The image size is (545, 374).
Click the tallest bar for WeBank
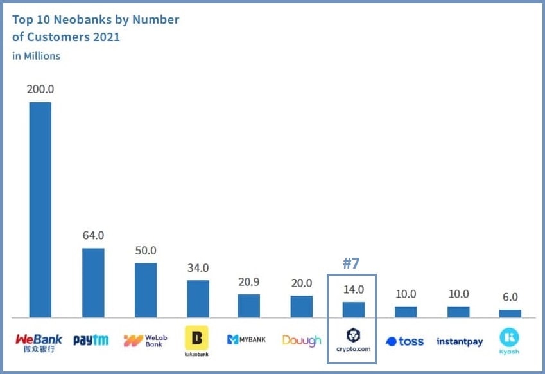(x=40, y=209)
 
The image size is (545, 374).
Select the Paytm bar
(x=93, y=283)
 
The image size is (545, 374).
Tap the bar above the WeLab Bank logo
(x=146, y=290)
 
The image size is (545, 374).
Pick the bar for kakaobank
(x=198, y=299)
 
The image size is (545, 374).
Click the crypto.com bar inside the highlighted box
(x=353, y=310)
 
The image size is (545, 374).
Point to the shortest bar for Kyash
(x=510, y=314)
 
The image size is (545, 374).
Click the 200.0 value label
(x=40, y=89)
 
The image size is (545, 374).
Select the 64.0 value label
(x=93, y=235)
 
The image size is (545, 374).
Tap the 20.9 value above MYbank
(x=248, y=283)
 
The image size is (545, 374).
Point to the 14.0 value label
(x=353, y=290)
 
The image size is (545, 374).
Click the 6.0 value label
(x=510, y=298)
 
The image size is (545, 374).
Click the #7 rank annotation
(x=352, y=263)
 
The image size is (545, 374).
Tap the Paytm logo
(x=91, y=341)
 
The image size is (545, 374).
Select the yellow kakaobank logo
(x=196, y=338)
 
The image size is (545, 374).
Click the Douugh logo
(x=301, y=341)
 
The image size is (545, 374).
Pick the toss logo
(x=404, y=341)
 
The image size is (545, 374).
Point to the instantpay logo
(x=459, y=342)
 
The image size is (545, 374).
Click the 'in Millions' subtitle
(x=36, y=56)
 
